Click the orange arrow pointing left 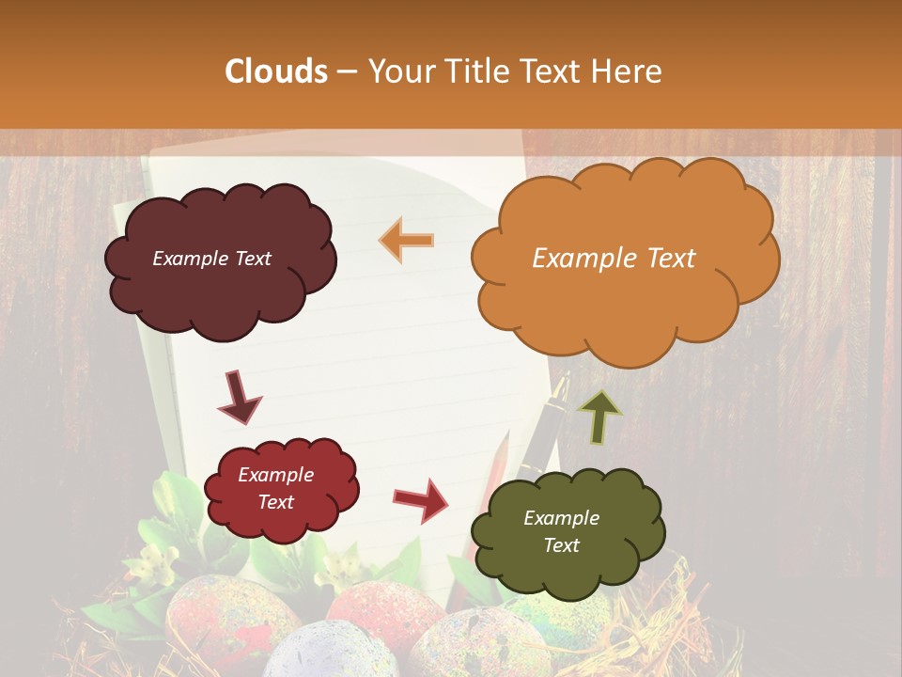407,240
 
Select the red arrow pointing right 421,499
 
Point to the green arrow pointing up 599,417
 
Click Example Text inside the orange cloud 614,259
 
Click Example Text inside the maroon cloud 211,259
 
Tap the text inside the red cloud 276,488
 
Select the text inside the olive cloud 561,531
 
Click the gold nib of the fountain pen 562,387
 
